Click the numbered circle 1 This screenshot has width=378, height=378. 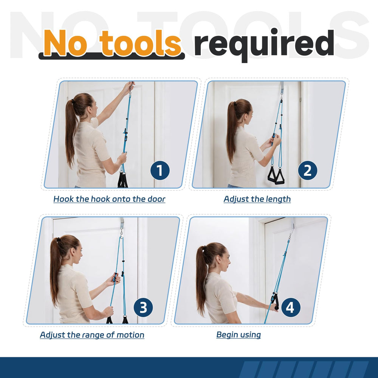pyautogui.click(x=160, y=170)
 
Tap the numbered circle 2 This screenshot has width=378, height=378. pyautogui.click(x=307, y=170)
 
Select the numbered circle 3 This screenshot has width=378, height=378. pyautogui.click(x=143, y=307)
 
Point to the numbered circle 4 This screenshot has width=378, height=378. pyautogui.click(x=290, y=307)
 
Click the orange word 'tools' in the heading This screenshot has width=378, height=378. pyautogui.click(x=140, y=43)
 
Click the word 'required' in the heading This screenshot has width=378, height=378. pyautogui.click(x=264, y=45)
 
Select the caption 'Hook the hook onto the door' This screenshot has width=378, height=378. pyautogui.click(x=109, y=199)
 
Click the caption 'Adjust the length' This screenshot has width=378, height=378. pyautogui.click(x=257, y=199)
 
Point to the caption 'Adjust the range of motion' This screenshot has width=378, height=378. pyautogui.click(x=92, y=335)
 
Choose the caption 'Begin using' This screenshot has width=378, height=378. pyautogui.click(x=239, y=335)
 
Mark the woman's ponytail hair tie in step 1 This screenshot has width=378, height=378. pyautogui.click(x=73, y=101)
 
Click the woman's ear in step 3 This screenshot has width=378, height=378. pyautogui.click(x=73, y=251)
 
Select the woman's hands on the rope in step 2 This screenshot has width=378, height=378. pyautogui.click(x=275, y=141)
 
